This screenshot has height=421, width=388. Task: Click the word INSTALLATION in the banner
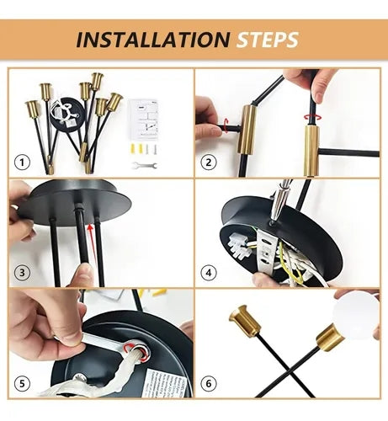[153, 40]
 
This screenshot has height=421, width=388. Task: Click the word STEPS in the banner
[268, 40]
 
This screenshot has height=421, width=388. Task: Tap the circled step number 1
[22, 163]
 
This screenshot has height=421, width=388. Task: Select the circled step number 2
[209, 163]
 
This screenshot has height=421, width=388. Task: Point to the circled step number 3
[22, 273]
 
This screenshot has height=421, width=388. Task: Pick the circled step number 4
[209, 273]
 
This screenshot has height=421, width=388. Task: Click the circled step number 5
[22, 383]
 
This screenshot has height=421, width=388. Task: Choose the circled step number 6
[209, 383]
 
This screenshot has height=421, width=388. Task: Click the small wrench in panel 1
[145, 166]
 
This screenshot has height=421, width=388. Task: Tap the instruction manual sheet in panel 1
[144, 120]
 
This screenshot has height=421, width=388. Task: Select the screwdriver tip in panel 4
[272, 221]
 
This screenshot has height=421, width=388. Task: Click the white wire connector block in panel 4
[237, 245]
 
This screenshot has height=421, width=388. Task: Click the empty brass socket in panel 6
[245, 321]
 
